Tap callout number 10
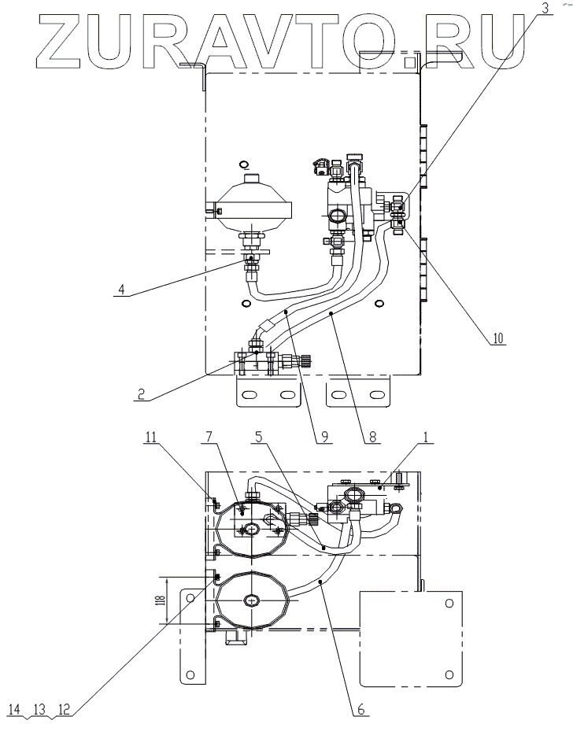[x=497, y=339]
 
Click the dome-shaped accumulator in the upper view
[x=254, y=204]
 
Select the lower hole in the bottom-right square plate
[x=448, y=674]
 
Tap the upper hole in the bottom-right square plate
[x=448, y=604]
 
